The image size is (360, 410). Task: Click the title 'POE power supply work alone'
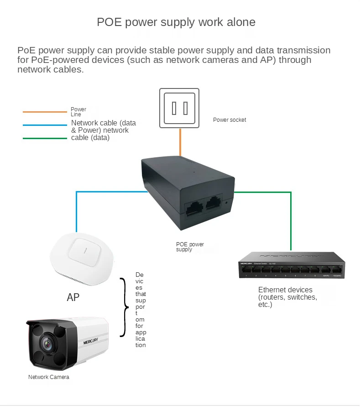tap(176, 22)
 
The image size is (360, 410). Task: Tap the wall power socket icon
tap(179, 108)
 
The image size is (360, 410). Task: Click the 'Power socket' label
tap(229, 120)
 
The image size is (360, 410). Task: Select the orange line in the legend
tap(45, 112)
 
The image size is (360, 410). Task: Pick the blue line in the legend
tap(45, 125)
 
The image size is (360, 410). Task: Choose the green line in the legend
tap(45, 138)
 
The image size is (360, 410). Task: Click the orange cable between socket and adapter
tap(180, 143)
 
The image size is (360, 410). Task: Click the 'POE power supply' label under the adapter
tap(190, 247)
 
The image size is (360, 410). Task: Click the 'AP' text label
tap(73, 297)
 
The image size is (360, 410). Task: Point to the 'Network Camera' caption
tap(49, 377)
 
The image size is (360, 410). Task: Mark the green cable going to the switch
tap(290, 219)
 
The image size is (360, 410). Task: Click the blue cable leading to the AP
tap(77, 210)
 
